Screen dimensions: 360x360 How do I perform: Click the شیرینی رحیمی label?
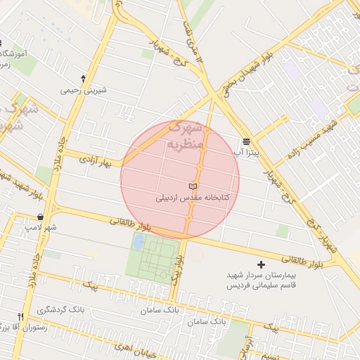coord(84,89)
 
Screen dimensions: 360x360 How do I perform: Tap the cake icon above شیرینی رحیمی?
coord(84,79)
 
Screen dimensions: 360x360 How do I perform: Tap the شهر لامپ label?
coord(41,228)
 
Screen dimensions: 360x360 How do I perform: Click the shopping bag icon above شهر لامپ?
coord(40,217)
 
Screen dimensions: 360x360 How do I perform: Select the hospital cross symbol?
coord(262,264)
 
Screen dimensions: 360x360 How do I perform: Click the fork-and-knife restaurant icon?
coord(20,316)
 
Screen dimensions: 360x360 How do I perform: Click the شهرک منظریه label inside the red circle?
coord(186,137)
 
